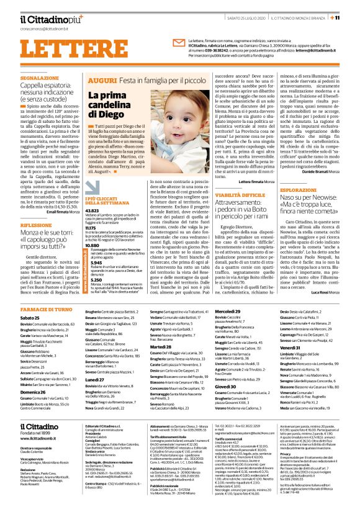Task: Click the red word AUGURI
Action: [100, 81]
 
